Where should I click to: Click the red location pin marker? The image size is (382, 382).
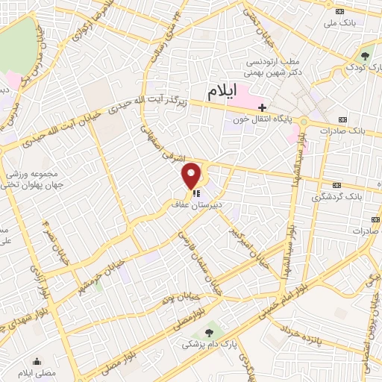tap(192, 175)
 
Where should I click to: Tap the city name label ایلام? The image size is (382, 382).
tap(224, 91)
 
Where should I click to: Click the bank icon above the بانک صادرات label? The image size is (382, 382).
tap(342, 119)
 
